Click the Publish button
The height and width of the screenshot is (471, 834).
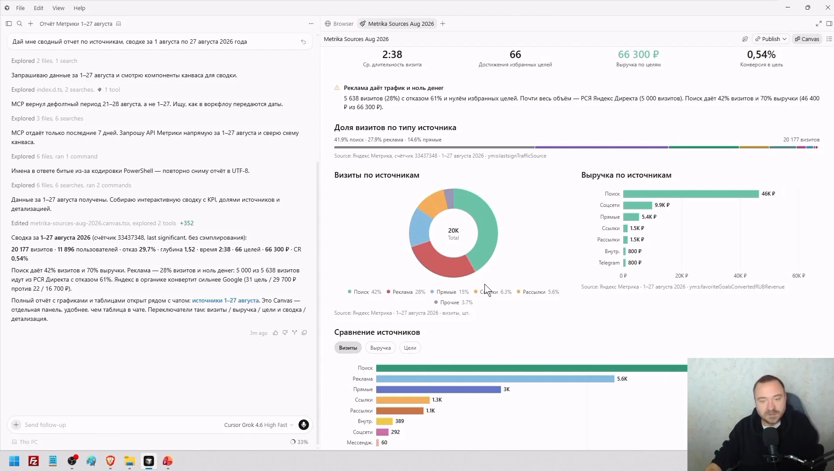point(771,39)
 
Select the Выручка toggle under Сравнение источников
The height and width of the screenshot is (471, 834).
point(380,348)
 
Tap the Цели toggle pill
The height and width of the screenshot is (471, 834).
point(410,348)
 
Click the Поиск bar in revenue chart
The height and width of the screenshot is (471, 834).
point(691,194)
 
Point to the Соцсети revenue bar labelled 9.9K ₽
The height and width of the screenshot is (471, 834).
point(638,205)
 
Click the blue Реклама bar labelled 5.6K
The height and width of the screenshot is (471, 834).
point(495,379)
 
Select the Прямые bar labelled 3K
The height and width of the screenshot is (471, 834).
point(438,389)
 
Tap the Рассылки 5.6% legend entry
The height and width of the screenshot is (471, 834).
point(538,292)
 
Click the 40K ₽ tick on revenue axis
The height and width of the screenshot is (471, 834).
point(740,276)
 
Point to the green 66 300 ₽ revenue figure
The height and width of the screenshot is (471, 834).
point(638,55)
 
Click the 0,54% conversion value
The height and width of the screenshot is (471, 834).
point(761,55)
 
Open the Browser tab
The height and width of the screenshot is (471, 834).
point(339,24)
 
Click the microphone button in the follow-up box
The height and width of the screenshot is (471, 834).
point(303,425)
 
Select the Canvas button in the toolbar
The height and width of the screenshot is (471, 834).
point(807,39)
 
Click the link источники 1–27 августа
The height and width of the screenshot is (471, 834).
point(225,300)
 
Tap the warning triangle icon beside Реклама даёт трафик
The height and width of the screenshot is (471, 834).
point(337,88)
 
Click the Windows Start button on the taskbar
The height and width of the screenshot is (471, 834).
point(14,461)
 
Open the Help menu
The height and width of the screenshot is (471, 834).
point(79,8)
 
